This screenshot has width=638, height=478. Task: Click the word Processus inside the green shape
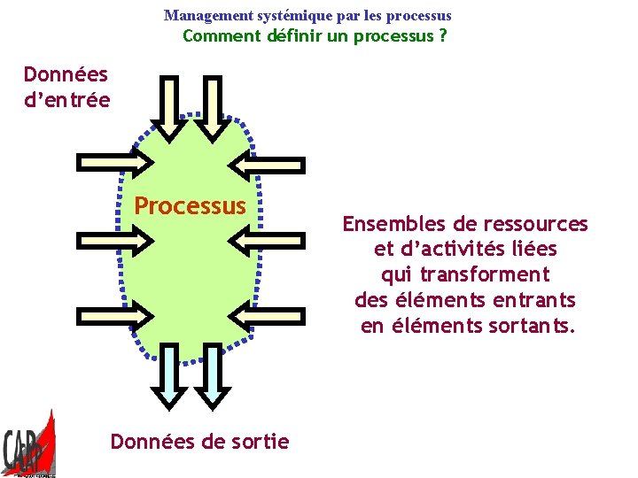coord(190,206)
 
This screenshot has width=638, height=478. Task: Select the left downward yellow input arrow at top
coord(170,106)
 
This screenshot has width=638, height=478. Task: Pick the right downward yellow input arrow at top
coord(212,106)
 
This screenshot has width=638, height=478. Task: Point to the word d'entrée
coord(67,99)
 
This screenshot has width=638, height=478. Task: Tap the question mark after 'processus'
coord(442,36)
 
